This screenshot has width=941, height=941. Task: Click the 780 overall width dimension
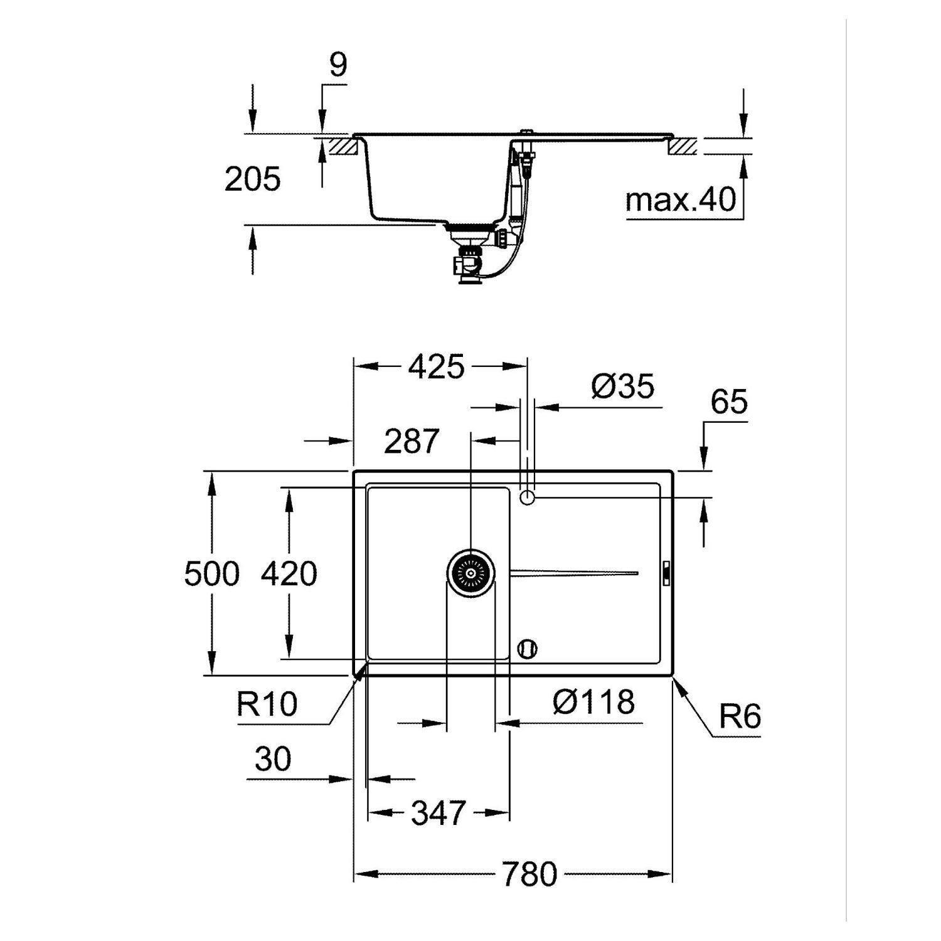[529, 874]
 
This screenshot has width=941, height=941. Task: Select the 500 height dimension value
[212, 573]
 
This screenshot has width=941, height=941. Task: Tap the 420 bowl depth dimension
[289, 573]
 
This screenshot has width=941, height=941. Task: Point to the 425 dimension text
[437, 367]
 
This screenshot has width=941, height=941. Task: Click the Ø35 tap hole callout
[622, 386]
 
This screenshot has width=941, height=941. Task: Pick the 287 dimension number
[412, 442]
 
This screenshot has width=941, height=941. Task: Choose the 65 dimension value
[730, 401]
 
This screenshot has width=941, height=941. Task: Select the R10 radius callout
[267, 704]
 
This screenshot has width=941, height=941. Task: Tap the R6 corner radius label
[740, 716]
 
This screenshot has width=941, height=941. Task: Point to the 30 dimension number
[273, 760]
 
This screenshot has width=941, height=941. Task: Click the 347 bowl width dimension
[439, 814]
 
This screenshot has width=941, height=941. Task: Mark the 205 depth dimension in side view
[252, 180]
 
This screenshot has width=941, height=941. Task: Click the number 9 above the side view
[338, 65]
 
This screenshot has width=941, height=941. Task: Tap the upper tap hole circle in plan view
[527, 497]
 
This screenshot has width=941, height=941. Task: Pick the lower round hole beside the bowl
[527, 649]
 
